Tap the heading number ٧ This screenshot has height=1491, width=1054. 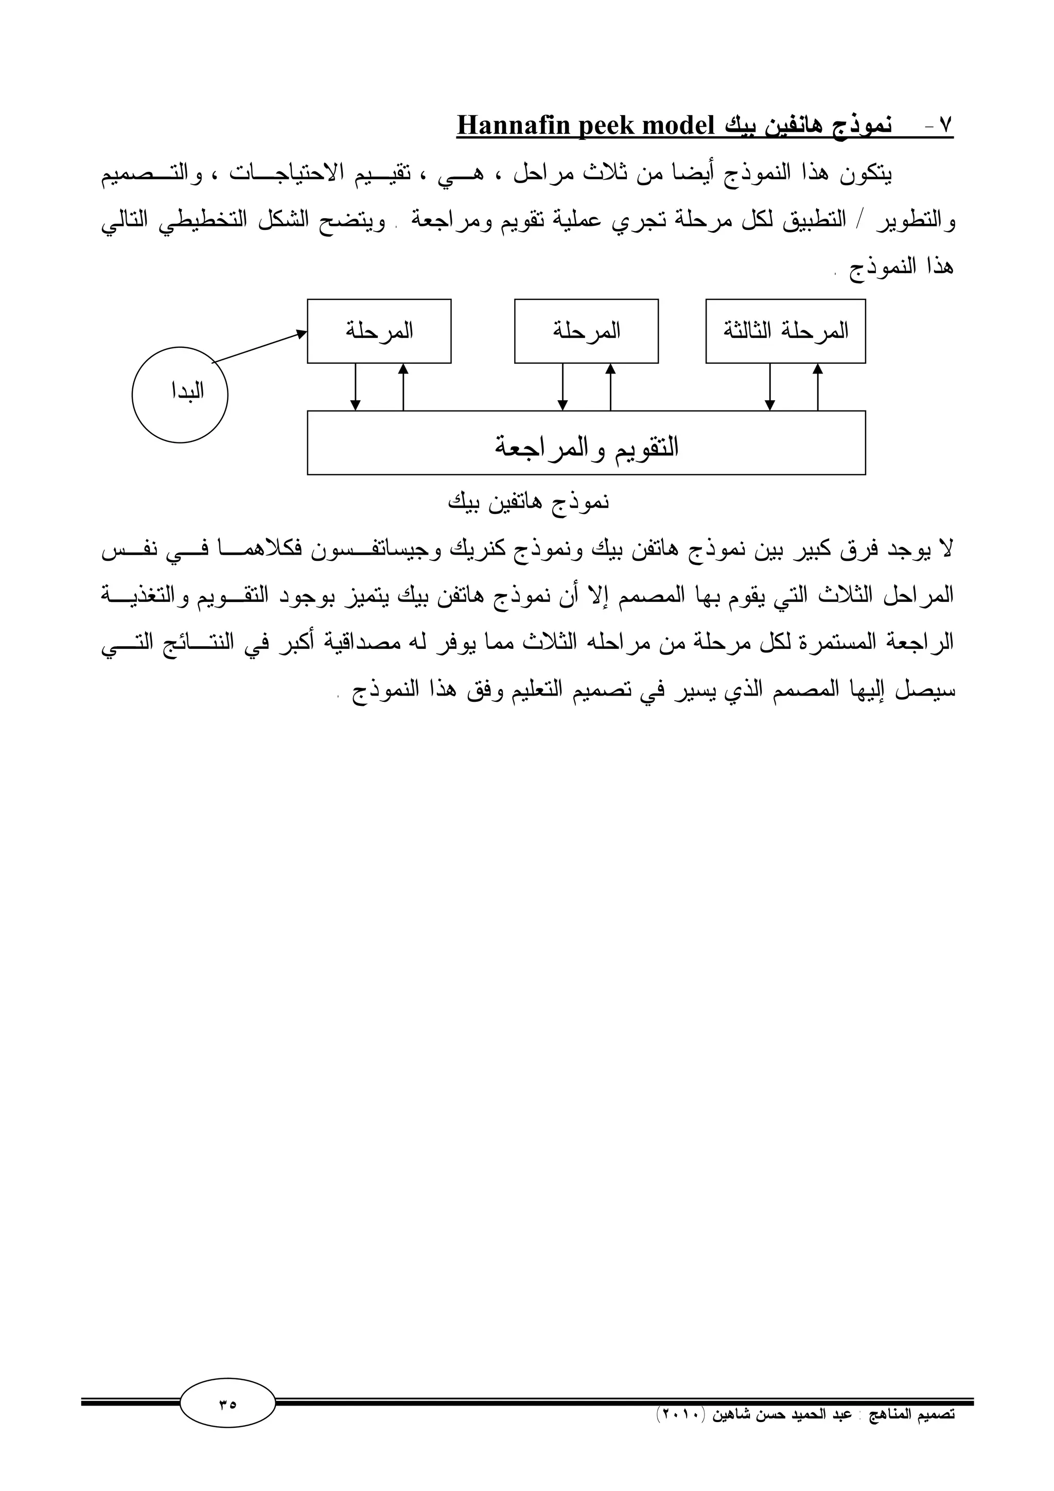pos(945,126)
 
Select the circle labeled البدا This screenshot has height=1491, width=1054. pos(180,394)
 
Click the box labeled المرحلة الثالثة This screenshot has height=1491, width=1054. pos(785,331)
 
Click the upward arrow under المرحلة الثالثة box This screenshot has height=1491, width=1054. pos(818,387)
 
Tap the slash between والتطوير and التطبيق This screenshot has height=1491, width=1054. pos(863,221)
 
